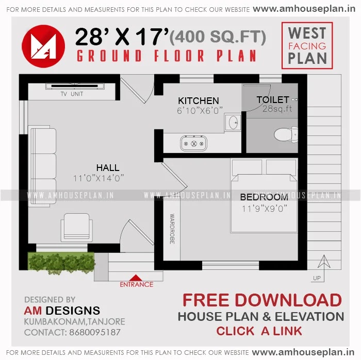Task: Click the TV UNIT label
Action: click(x=72, y=94)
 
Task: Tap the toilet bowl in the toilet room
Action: click(x=283, y=134)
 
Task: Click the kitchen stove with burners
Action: click(x=193, y=143)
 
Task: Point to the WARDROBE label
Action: click(x=172, y=229)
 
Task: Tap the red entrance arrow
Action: click(x=137, y=278)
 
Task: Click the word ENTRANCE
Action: click(x=137, y=284)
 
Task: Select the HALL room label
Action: click(x=107, y=168)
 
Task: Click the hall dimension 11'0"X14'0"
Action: click(x=99, y=178)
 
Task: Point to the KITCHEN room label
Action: click(x=199, y=100)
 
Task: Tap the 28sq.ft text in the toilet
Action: click(x=277, y=109)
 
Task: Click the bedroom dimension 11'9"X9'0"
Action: click(x=265, y=209)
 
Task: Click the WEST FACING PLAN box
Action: click(x=307, y=45)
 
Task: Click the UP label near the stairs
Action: click(x=317, y=279)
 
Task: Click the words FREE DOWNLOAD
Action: click(x=262, y=300)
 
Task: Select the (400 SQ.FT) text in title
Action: click(x=218, y=37)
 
